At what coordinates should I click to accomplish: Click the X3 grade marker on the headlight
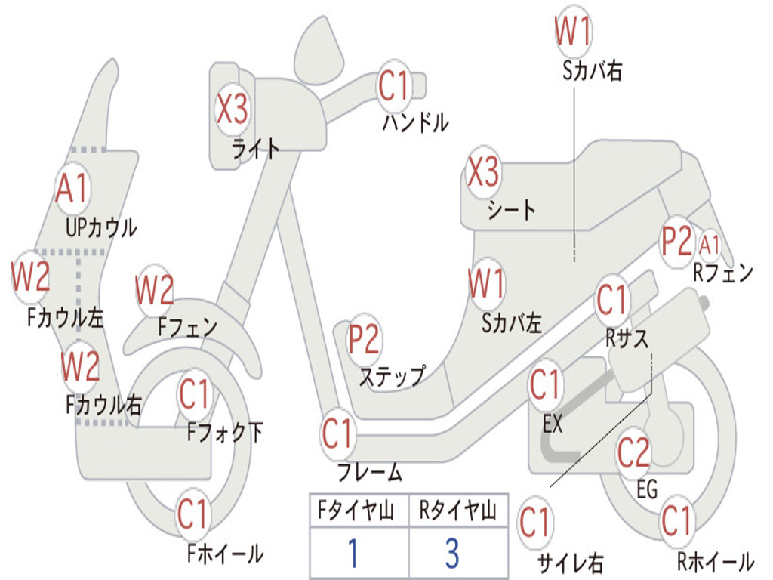coord(232,109)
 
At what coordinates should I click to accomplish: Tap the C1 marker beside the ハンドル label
coord(394,86)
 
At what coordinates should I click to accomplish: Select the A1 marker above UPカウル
coord(72,188)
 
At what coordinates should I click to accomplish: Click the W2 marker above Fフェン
coord(154,290)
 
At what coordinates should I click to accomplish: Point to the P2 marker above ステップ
coord(364,339)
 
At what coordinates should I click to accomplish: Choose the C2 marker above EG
coord(634,452)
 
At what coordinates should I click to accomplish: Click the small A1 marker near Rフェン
coord(709,245)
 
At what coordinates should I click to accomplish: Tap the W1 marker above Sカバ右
coord(573,30)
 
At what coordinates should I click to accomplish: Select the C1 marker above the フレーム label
coord(337,433)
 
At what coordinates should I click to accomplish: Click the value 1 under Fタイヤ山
coord(353,553)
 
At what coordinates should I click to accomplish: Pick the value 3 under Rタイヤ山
coord(453,553)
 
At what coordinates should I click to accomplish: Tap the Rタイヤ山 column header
coord(457,510)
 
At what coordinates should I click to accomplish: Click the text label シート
coord(511,210)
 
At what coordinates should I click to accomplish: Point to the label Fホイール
coord(225,554)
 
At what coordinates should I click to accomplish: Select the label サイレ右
coord(571,563)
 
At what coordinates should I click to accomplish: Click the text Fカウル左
coord(65,318)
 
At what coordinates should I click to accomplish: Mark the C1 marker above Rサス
coord(612,299)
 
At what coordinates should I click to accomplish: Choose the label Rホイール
coord(716,561)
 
